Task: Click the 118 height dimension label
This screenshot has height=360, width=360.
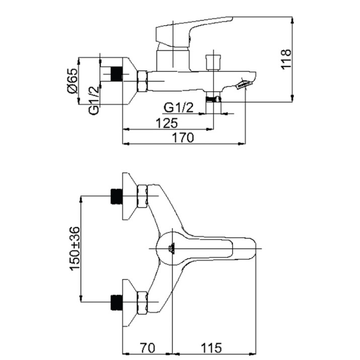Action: (x=286, y=59)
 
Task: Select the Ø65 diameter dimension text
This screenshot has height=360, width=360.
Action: (x=73, y=81)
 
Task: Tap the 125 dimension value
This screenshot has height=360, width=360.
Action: (x=167, y=123)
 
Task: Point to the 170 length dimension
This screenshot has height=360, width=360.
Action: (x=183, y=138)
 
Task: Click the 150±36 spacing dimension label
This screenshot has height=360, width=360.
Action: (x=76, y=249)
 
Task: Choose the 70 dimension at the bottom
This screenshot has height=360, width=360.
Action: (x=148, y=348)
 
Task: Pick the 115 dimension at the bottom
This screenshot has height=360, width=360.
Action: (x=211, y=348)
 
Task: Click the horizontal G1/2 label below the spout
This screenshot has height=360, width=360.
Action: (x=179, y=107)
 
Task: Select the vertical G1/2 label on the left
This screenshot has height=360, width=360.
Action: (x=94, y=100)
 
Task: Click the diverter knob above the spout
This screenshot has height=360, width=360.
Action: (x=213, y=62)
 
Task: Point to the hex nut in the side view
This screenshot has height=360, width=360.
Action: (x=142, y=81)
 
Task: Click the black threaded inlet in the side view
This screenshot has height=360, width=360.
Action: (x=117, y=74)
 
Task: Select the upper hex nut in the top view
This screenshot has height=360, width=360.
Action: (x=142, y=196)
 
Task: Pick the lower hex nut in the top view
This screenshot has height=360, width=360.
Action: (x=142, y=303)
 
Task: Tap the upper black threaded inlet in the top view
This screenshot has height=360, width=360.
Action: (x=117, y=196)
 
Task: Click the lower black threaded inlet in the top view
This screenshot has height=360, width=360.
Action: (x=117, y=303)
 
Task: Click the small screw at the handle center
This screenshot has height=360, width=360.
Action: (x=172, y=249)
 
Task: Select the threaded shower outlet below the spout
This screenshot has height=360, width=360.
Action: (x=213, y=99)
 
